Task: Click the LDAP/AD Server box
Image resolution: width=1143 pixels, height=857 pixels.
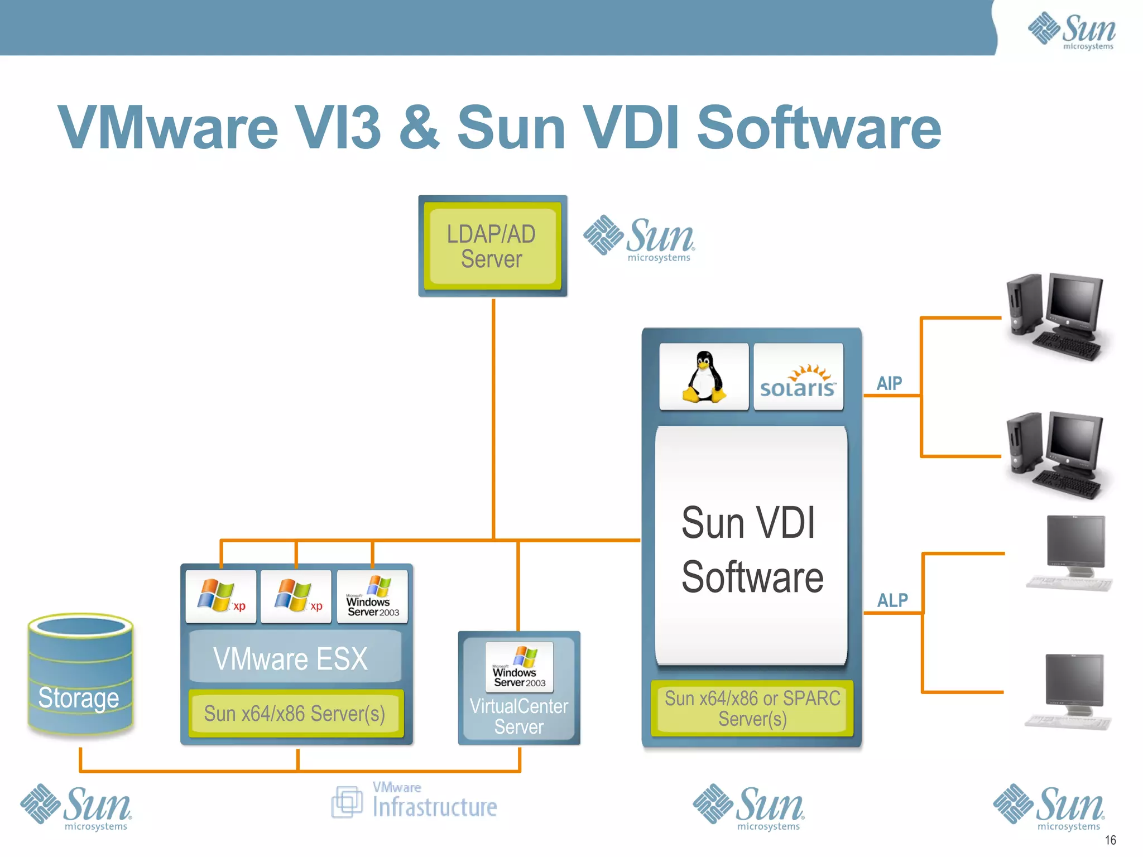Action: [x=492, y=246]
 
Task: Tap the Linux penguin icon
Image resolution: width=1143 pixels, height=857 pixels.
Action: [x=704, y=377]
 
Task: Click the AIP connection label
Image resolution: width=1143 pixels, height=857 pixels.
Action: [x=889, y=384]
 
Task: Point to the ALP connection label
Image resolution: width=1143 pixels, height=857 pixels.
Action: [x=892, y=600]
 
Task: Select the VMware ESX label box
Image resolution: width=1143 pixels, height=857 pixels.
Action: [x=295, y=658]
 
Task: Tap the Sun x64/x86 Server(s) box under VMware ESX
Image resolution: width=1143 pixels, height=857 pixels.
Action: [x=295, y=714]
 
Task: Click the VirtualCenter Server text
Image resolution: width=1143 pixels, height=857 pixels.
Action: [x=518, y=716]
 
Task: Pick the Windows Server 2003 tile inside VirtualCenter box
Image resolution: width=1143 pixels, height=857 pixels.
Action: [x=519, y=667]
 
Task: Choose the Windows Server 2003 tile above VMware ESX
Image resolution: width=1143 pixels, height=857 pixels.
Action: [x=372, y=596]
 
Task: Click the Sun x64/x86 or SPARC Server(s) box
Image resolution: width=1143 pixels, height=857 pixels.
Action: [x=752, y=708]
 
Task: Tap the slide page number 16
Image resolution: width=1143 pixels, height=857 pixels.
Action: [x=1110, y=840]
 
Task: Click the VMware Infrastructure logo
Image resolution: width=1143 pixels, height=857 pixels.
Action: [x=414, y=802]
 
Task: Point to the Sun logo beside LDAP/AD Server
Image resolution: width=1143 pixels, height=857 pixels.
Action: [x=639, y=239]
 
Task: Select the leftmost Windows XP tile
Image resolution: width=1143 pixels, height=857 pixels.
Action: [x=221, y=596]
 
